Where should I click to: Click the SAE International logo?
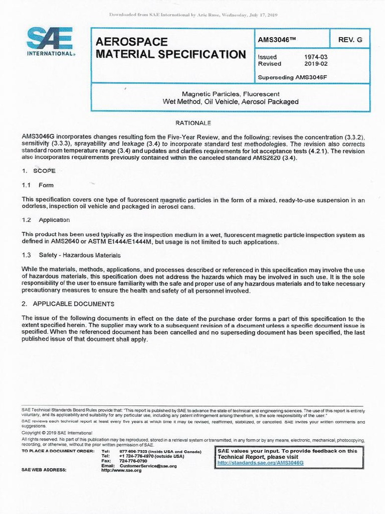[50, 43]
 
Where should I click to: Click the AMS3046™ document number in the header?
[275, 39]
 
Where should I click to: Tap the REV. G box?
[349, 39]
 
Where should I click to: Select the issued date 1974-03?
[315, 57]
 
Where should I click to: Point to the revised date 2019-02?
[315, 64]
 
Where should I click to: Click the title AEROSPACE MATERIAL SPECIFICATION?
[170, 48]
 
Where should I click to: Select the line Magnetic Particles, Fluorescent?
[230, 94]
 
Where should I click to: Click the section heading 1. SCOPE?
[39, 171]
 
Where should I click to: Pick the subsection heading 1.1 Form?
[38, 185]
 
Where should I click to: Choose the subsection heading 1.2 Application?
[46, 220]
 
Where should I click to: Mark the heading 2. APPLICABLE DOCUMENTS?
[68, 304]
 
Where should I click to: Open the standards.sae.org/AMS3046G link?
[260, 462]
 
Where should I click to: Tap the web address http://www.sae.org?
[121, 470]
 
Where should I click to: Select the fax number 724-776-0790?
[133, 461]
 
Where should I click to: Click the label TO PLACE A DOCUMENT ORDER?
[58, 451]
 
